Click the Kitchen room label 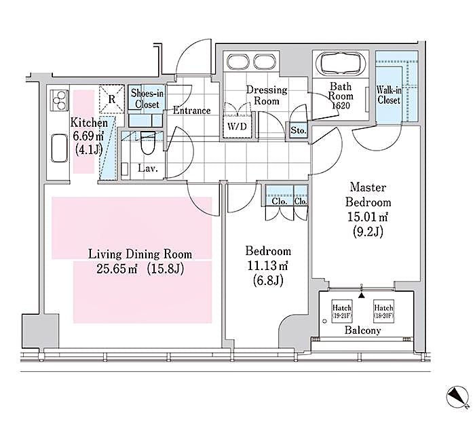pos(89,123)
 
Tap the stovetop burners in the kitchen pos(58,101)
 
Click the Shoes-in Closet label pos(146,99)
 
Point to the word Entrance pos(192,111)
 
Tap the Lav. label pos(148,169)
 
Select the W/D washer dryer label pos(237,127)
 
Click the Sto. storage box pos(298,129)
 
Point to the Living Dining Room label pos(140,254)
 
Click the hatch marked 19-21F pos(342,311)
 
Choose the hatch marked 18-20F pos(383,311)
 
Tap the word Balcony pos(362,331)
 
